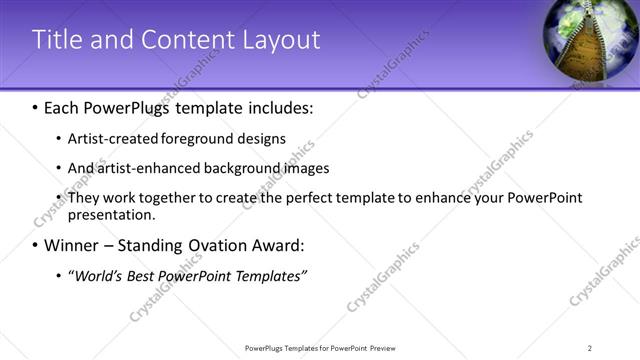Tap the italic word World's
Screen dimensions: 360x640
[98, 276]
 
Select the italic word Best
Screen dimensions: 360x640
[146, 276]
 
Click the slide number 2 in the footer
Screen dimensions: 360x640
[590, 348]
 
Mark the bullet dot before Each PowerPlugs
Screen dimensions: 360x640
[36, 107]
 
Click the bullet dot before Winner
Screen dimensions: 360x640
[36, 245]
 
